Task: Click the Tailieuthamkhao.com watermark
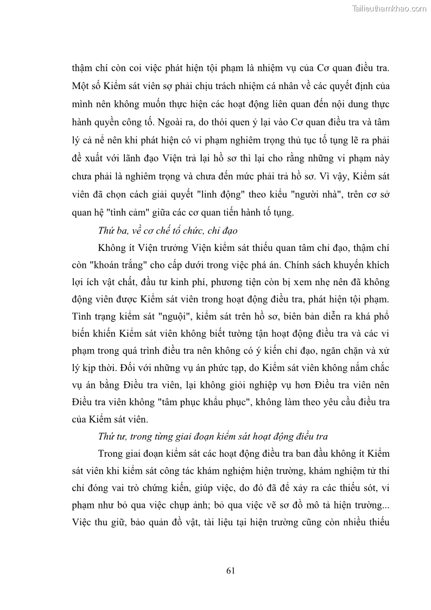coord(389,8)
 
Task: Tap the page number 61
coord(230,570)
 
